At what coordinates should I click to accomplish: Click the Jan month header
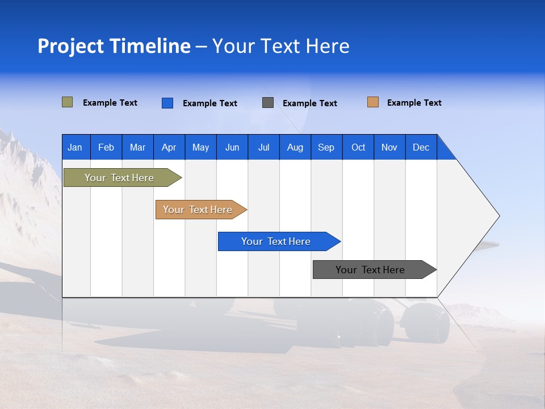click(x=76, y=147)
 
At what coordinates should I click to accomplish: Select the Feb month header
click(x=106, y=147)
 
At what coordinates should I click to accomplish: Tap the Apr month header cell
click(x=169, y=147)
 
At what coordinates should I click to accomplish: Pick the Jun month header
click(x=232, y=147)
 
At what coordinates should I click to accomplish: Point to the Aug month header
click(x=295, y=147)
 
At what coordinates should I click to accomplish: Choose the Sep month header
click(x=326, y=147)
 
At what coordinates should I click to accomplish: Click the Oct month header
click(x=358, y=147)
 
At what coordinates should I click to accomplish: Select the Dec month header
click(x=421, y=147)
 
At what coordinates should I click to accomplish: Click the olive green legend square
click(x=68, y=102)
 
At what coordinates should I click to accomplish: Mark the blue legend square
click(x=167, y=103)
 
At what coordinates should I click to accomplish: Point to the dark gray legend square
click(x=268, y=103)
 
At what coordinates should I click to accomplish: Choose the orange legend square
click(x=373, y=102)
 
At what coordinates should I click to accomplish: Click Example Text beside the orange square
click(x=414, y=103)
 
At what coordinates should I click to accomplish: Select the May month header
click(x=200, y=147)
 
